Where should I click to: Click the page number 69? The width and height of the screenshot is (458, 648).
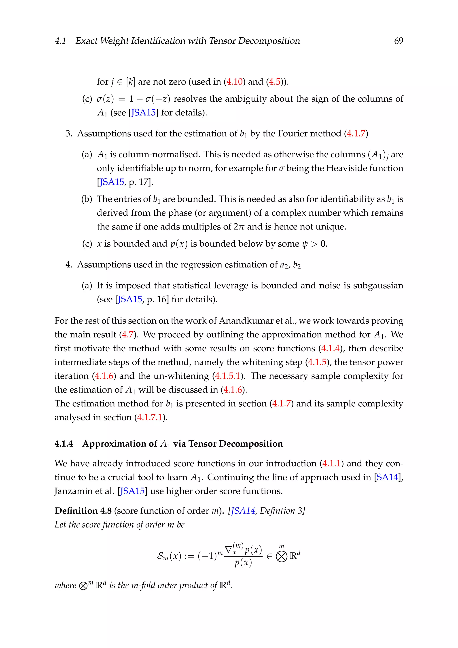[x=398, y=41]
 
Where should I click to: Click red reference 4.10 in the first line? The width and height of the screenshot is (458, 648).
[x=234, y=82]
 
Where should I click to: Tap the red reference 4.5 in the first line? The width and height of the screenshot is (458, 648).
[x=275, y=82]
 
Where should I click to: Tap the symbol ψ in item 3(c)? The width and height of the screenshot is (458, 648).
[x=304, y=244]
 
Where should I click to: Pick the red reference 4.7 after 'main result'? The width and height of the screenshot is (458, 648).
[x=127, y=335]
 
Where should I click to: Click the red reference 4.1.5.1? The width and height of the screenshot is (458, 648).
[x=227, y=376]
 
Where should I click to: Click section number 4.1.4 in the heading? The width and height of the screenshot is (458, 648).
[x=64, y=444]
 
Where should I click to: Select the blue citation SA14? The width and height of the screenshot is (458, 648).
[x=387, y=477]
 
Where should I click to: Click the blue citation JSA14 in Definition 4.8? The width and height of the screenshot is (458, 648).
[x=243, y=511]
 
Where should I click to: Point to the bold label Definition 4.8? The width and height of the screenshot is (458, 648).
[x=83, y=511]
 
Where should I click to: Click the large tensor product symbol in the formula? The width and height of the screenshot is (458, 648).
[x=281, y=556]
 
